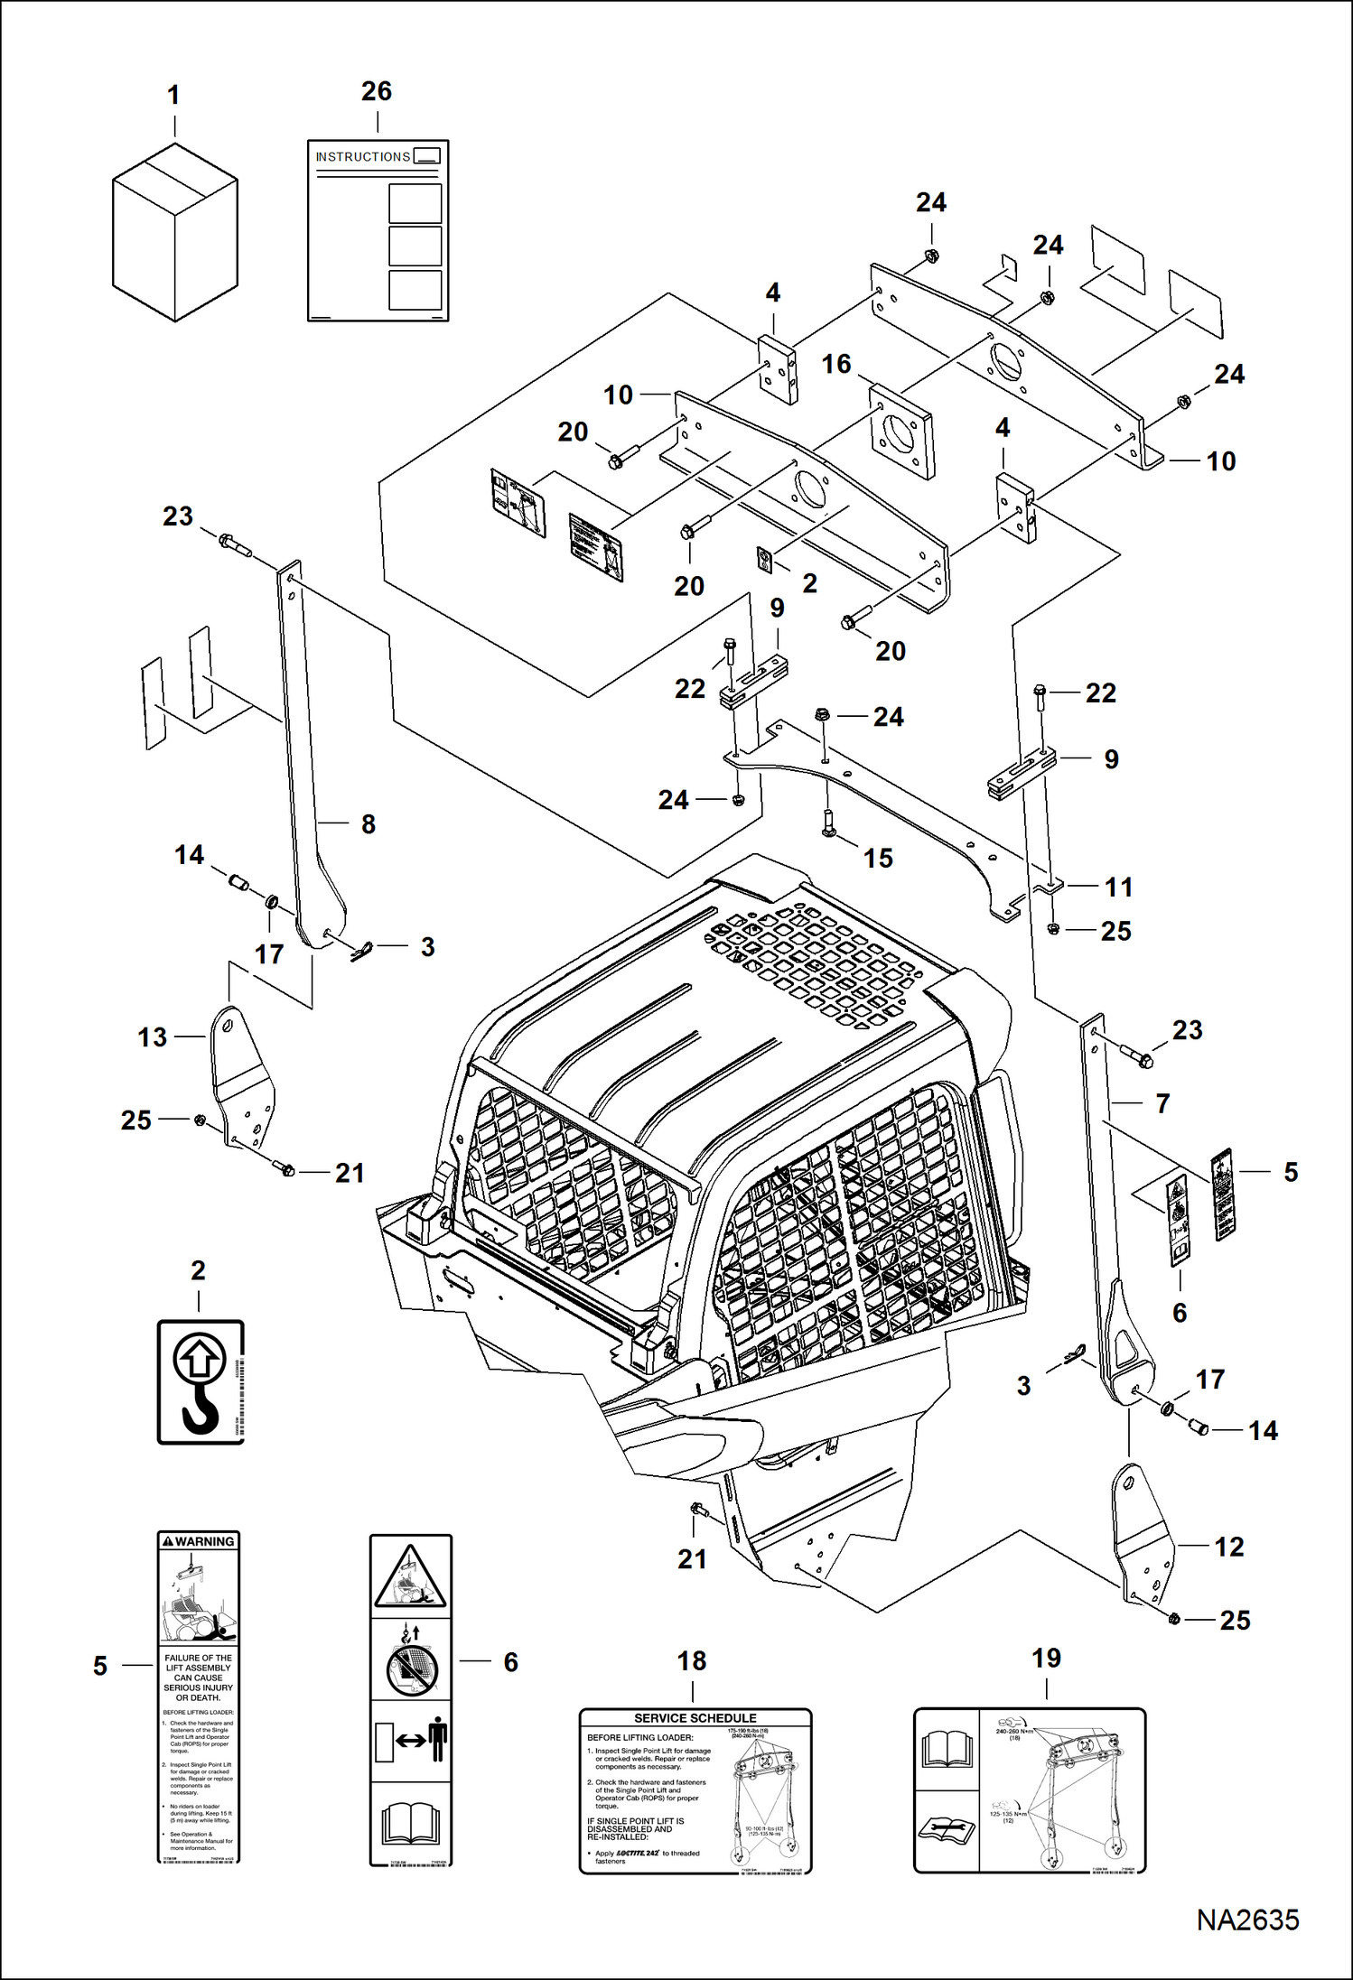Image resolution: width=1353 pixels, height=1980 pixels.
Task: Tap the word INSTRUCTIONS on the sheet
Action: coord(362,157)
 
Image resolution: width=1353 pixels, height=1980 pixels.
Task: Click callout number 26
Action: coord(377,91)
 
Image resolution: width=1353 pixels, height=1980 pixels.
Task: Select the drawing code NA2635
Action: coord(1247,1920)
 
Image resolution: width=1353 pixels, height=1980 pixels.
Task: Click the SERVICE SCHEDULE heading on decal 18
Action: coord(695,1718)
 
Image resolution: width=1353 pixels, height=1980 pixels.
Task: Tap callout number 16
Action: coord(836,364)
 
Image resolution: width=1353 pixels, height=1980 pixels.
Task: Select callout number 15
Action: coord(878,858)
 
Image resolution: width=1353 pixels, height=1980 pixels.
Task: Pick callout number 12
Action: coord(1229,1547)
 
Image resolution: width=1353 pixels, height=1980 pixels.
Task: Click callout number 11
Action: coord(1118,887)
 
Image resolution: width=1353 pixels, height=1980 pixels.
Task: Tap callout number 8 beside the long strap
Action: coord(369,823)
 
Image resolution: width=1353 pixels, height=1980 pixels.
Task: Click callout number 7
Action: coord(1163,1103)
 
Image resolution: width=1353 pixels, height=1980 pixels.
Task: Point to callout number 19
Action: coord(1046,1658)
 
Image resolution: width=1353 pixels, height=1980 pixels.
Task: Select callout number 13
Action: coord(152,1037)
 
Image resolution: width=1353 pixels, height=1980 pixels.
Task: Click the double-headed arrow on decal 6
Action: coord(411,1741)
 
